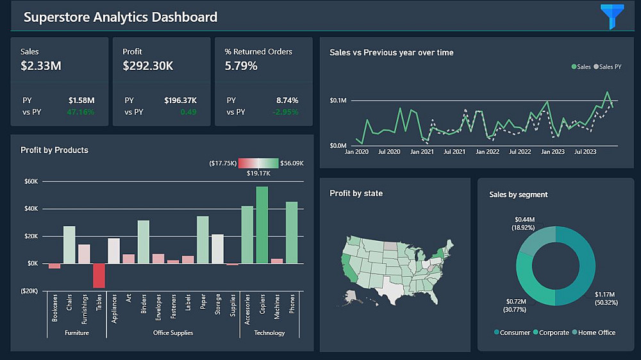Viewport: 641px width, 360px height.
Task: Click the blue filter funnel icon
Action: click(x=612, y=15)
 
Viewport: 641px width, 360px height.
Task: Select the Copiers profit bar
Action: click(x=262, y=225)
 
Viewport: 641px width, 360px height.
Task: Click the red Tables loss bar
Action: click(x=99, y=275)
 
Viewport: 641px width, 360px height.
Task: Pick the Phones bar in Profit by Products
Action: click(x=292, y=233)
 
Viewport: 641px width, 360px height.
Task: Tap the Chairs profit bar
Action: click(x=69, y=245)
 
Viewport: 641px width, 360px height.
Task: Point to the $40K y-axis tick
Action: click(x=31, y=209)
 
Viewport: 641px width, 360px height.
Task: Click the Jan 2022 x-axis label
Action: click(x=487, y=152)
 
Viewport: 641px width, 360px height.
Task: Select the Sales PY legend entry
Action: click(x=608, y=67)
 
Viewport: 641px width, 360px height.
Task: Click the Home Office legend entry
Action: click(x=594, y=332)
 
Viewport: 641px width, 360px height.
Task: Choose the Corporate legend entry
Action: click(x=551, y=332)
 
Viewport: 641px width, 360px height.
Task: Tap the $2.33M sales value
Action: click(x=41, y=66)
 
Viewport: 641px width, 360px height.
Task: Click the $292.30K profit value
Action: click(x=148, y=66)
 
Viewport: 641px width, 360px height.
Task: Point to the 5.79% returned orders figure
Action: click(x=241, y=66)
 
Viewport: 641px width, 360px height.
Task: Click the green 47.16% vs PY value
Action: click(x=81, y=112)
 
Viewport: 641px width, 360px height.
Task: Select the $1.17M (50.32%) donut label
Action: click(x=606, y=299)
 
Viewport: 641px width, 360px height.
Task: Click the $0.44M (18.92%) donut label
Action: click(x=524, y=224)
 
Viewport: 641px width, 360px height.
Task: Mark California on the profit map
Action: click(x=349, y=268)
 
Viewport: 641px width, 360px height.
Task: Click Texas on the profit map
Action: click(x=392, y=290)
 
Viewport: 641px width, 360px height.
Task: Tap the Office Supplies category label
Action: click(x=173, y=332)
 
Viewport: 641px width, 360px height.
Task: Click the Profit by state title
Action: click(x=356, y=193)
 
